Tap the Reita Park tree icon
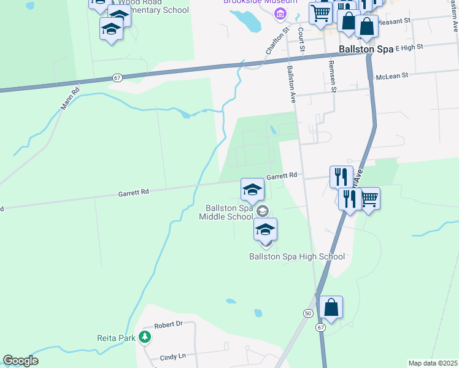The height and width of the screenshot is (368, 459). (x=144, y=337)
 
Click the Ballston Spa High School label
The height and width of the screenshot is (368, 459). (x=296, y=256)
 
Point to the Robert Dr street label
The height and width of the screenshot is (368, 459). (x=169, y=324)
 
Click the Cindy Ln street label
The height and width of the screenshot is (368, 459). (x=172, y=356)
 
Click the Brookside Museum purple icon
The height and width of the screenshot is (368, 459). (x=280, y=14)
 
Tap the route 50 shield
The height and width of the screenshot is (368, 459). (x=308, y=313)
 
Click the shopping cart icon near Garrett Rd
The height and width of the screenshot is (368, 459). (x=369, y=198)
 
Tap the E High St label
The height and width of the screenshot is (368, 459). (x=410, y=47)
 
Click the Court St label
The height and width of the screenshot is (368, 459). (x=301, y=39)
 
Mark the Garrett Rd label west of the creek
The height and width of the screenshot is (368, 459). (x=134, y=192)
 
